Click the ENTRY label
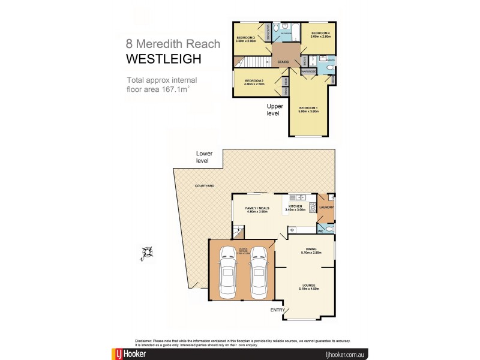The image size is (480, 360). tap(278, 310)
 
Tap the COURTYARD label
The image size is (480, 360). tap(204, 186)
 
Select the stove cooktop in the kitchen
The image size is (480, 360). tap(312, 208)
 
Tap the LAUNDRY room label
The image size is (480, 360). tap(326, 208)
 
